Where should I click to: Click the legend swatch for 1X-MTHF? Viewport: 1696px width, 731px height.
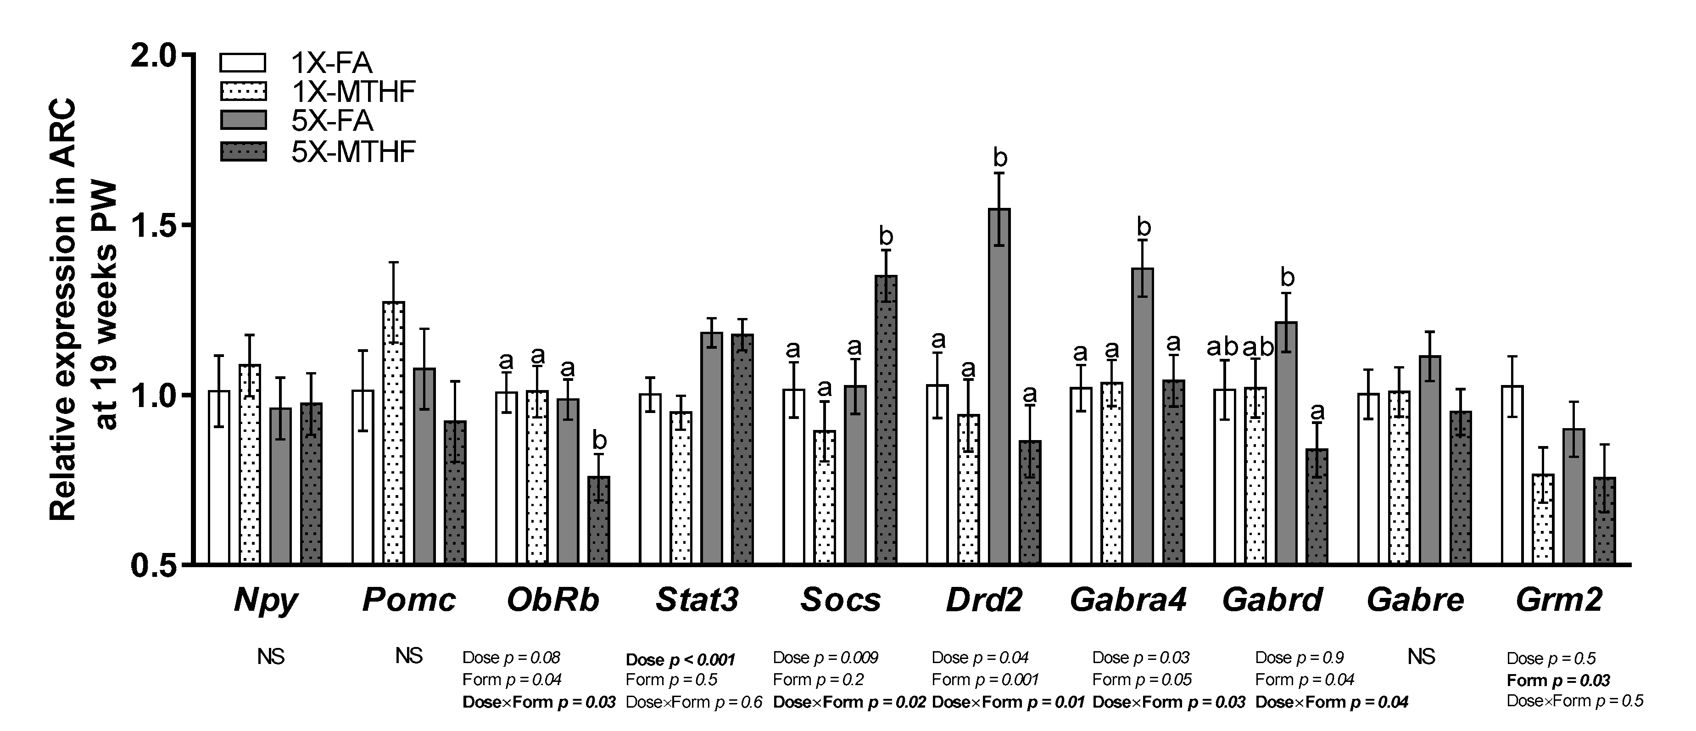243,91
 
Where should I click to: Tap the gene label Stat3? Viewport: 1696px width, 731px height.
697,600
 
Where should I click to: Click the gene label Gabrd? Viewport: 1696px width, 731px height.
1272,600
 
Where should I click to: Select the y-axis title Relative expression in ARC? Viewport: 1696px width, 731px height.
63,310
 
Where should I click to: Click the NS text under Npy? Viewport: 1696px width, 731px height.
271,657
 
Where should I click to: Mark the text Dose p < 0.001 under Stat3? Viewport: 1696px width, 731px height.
680,659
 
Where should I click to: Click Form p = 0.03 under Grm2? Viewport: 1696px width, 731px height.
1558,680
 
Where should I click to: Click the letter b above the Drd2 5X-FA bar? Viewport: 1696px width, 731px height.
1000,157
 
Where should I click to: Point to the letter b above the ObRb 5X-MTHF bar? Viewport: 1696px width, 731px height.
599,440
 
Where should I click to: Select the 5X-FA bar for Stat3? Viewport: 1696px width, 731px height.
712,448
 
